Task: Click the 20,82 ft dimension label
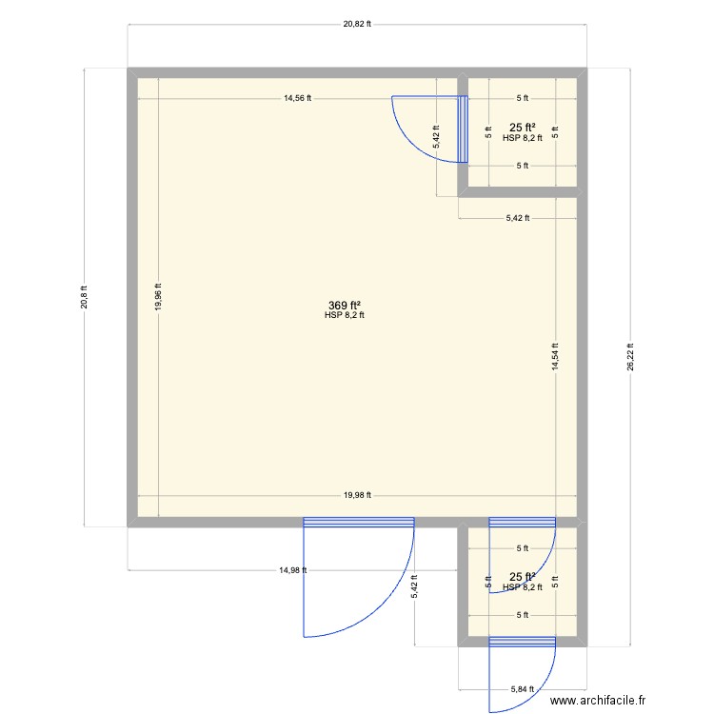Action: click(357, 24)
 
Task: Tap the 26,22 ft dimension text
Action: click(629, 357)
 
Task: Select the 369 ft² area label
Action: click(344, 305)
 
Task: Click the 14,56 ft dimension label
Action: click(298, 98)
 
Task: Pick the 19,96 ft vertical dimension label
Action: click(159, 295)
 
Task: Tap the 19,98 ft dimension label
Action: click(357, 495)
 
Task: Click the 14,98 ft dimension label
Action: click(292, 570)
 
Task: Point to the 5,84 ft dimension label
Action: click(522, 688)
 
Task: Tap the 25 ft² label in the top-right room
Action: click(522, 127)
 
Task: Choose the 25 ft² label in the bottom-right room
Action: click(522, 577)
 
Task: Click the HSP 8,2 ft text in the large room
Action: click(344, 315)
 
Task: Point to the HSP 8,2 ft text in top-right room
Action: click(522, 138)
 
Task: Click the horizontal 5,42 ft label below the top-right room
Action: click(515, 218)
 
